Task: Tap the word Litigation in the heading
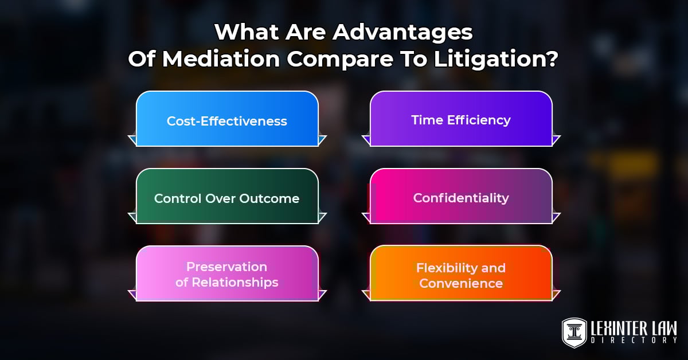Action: pyautogui.click(x=504, y=59)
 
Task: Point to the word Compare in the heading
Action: pyautogui.click(x=338, y=59)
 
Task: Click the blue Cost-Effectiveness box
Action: pyautogui.click(x=227, y=119)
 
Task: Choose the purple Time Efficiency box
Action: pyautogui.click(x=461, y=119)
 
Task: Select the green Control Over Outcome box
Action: pyautogui.click(x=227, y=197)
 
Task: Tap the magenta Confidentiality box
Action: pyautogui.click(x=461, y=197)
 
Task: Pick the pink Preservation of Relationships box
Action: pyautogui.click(x=227, y=274)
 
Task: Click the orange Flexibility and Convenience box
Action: pyautogui.click(x=461, y=274)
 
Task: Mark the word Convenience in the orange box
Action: pyautogui.click(x=461, y=283)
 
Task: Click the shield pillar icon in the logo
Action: pyautogui.click(x=574, y=332)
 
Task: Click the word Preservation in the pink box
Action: pyautogui.click(x=227, y=267)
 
